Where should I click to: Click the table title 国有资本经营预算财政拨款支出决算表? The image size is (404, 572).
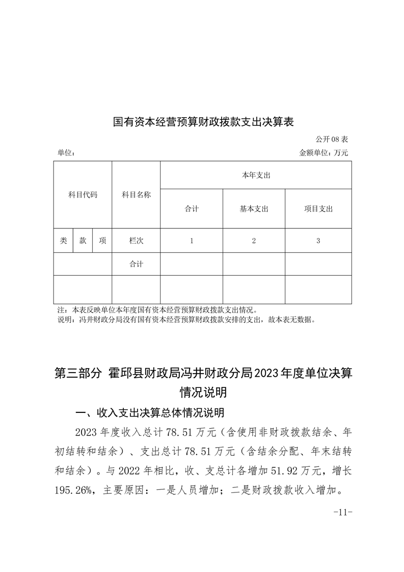coord(204,122)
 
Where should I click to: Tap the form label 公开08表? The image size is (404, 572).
coord(331,139)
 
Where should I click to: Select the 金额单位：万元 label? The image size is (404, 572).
coord(324,152)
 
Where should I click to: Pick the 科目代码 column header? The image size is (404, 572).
coord(83,195)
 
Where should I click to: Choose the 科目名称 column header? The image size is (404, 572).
coord(136,195)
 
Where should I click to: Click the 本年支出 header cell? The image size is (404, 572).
coord(256,175)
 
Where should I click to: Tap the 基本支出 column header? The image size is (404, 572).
coord(254,209)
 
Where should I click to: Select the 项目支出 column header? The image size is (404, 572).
coord(318,209)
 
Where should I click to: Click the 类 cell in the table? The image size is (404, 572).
coord(63,241)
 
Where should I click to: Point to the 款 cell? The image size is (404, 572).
coord(83,241)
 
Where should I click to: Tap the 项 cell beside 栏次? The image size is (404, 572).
coord(102,241)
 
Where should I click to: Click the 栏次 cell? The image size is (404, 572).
coord(136,241)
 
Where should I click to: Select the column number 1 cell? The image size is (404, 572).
coord(192,241)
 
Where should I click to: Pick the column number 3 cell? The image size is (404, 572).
coord(318,241)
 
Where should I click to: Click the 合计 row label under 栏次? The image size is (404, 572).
coord(136,264)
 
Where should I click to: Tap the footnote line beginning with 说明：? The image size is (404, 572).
coord(188,321)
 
